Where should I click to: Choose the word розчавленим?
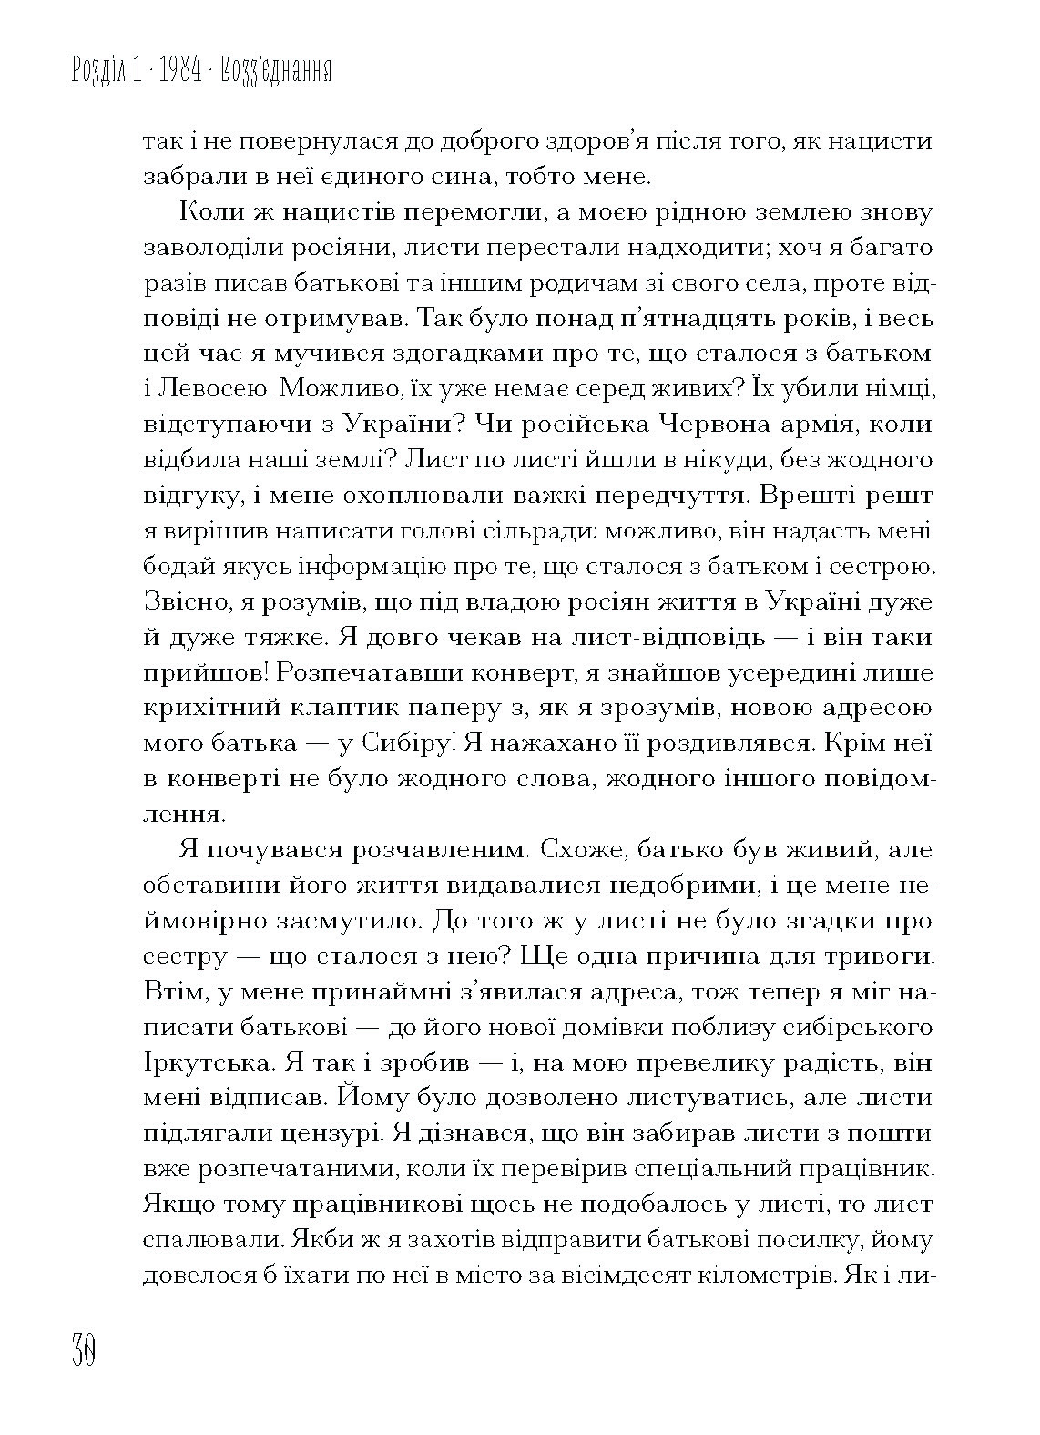point(419,851)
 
